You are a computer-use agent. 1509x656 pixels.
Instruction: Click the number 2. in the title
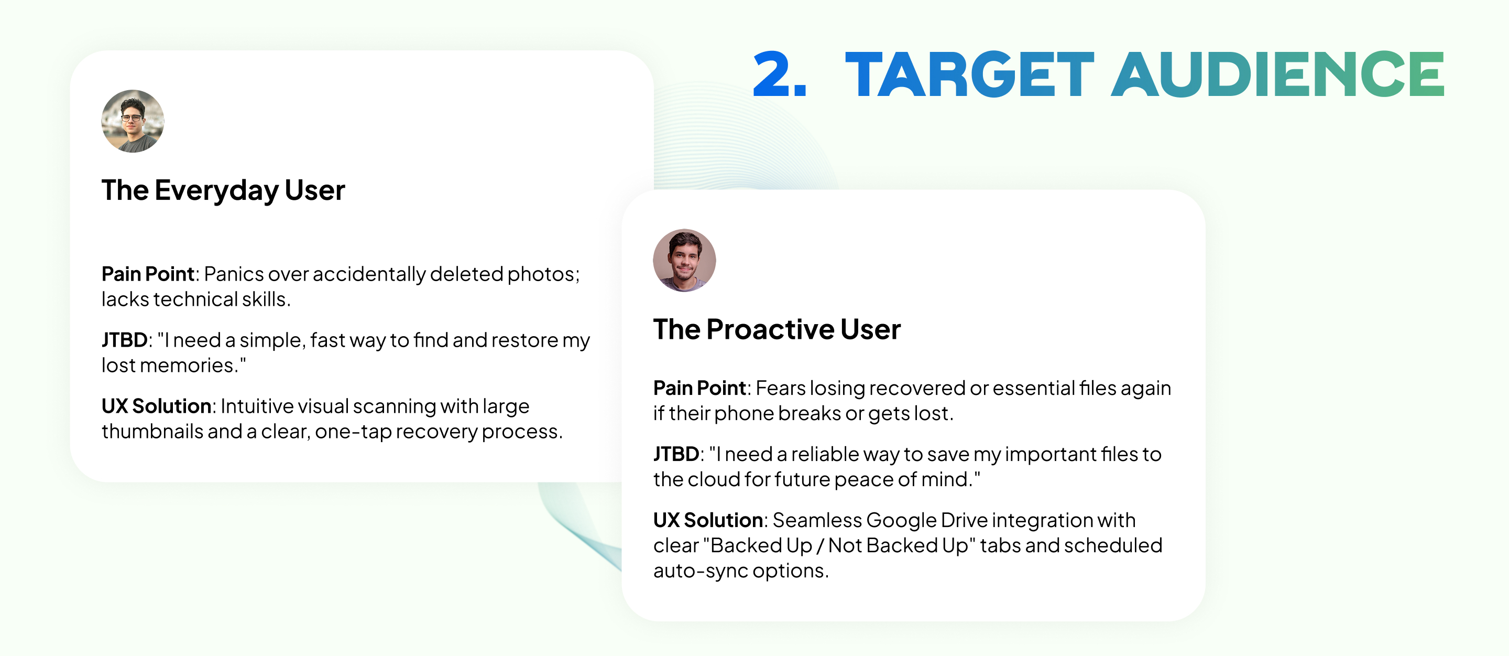coord(780,74)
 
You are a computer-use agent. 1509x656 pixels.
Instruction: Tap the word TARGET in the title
coord(969,74)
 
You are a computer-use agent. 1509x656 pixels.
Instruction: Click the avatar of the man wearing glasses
coord(133,121)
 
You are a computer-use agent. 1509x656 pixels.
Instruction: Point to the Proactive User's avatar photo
coord(684,260)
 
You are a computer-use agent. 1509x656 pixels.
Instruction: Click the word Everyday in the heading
coord(216,191)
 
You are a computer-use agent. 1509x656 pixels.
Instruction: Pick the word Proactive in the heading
coord(770,329)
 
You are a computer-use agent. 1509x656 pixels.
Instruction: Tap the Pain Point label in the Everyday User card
coord(148,274)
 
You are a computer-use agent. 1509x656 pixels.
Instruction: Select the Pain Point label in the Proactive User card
coord(699,388)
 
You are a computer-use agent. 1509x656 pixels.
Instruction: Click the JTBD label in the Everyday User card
coord(124,340)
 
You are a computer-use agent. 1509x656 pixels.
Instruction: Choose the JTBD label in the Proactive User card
coord(676,454)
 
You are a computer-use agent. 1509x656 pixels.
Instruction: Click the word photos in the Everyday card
coord(543,274)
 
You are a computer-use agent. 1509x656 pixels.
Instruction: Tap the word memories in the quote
coord(190,365)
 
